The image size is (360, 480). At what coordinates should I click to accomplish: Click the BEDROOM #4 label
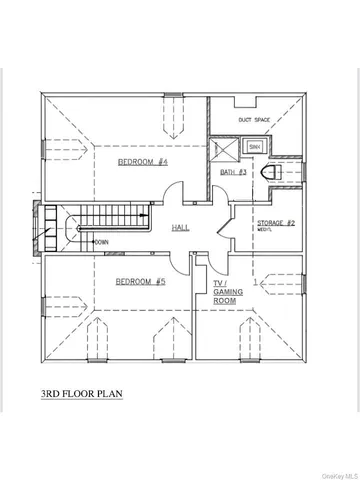click(x=142, y=162)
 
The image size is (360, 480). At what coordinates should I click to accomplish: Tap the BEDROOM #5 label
click(x=139, y=282)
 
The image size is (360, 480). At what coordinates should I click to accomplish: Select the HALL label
click(x=181, y=227)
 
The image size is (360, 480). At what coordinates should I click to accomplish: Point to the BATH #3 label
click(x=233, y=173)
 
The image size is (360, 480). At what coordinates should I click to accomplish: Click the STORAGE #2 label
click(x=273, y=222)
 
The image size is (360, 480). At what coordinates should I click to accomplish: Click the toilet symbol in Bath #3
click(x=267, y=173)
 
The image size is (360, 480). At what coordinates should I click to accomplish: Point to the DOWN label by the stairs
click(x=101, y=242)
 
